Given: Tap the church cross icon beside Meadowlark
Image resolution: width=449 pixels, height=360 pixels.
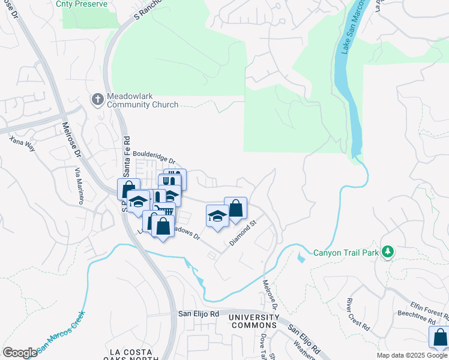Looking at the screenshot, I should [97, 98].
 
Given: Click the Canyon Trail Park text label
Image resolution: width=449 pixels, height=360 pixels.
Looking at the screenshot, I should [346, 253].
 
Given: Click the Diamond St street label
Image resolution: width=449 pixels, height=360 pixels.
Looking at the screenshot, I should [243, 233].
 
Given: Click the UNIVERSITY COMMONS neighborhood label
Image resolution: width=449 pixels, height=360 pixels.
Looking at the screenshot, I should [255, 321].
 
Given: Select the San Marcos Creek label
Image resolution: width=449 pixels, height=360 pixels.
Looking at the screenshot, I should [61, 332].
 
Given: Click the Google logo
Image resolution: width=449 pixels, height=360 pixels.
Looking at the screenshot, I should [20, 352].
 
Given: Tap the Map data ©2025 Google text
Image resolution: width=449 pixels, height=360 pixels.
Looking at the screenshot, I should [411, 355].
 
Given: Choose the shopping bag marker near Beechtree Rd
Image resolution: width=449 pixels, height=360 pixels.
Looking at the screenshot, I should [440, 337].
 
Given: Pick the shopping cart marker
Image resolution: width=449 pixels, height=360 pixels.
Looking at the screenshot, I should [163, 212].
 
